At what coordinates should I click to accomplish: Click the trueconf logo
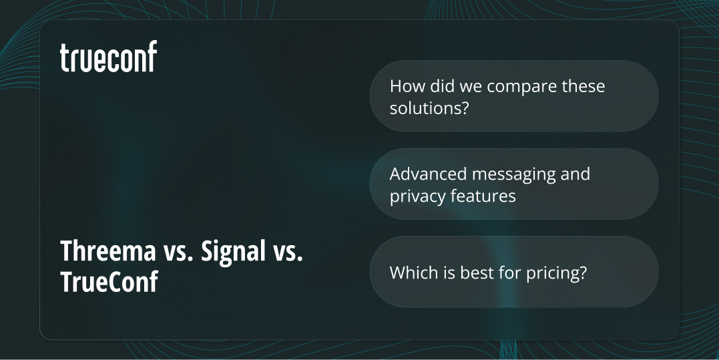(x=108, y=57)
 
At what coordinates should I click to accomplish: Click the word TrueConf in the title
(x=109, y=282)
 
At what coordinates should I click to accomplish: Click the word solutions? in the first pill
(x=427, y=108)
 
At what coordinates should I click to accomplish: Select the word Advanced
(x=428, y=174)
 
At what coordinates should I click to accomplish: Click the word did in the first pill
(x=439, y=87)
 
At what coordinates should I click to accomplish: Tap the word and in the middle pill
(x=575, y=174)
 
